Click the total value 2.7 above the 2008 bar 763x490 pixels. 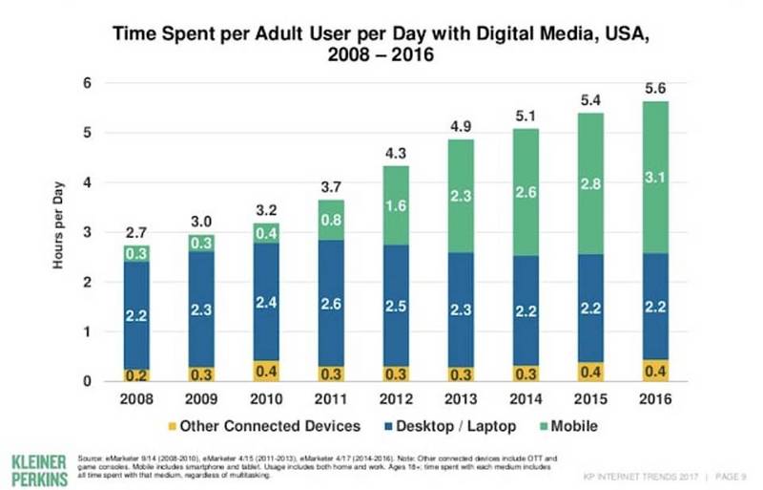(x=135, y=232)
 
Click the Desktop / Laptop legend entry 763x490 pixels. (x=449, y=425)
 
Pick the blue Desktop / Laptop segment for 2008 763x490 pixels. (x=135, y=313)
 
